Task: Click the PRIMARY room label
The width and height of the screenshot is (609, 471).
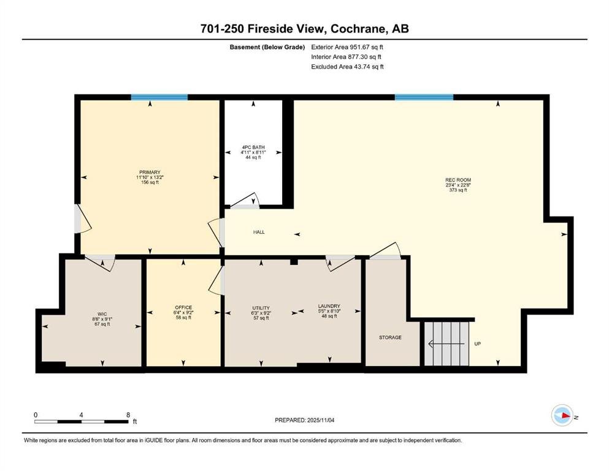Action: [150, 172]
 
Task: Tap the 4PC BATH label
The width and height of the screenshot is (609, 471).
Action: [253, 147]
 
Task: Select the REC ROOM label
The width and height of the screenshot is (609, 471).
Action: [458, 180]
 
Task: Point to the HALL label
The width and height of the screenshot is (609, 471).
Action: [259, 232]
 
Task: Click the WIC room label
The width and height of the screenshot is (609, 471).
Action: [102, 314]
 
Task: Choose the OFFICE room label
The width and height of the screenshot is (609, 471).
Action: [183, 307]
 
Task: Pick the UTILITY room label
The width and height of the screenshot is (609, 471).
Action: [261, 308]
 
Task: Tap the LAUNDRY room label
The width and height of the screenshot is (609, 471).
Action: [329, 306]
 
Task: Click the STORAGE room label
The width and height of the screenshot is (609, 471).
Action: [390, 337]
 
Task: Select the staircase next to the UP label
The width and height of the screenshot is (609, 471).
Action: [446, 343]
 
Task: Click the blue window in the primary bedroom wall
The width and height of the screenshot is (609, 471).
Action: [159, 97]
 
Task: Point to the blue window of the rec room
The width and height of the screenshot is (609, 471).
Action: [424, 97]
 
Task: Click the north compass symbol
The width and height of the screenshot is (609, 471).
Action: [562, 415]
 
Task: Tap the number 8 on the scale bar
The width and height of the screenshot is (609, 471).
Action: [128, 415]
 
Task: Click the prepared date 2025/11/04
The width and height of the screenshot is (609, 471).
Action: [321, 420]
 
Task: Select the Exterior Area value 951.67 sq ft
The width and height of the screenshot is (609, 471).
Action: [367, 47]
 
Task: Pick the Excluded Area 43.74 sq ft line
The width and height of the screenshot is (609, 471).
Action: [348, 66]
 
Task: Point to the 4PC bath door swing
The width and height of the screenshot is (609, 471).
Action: [245, 199]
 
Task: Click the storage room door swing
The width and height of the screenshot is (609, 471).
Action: [385, 250]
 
